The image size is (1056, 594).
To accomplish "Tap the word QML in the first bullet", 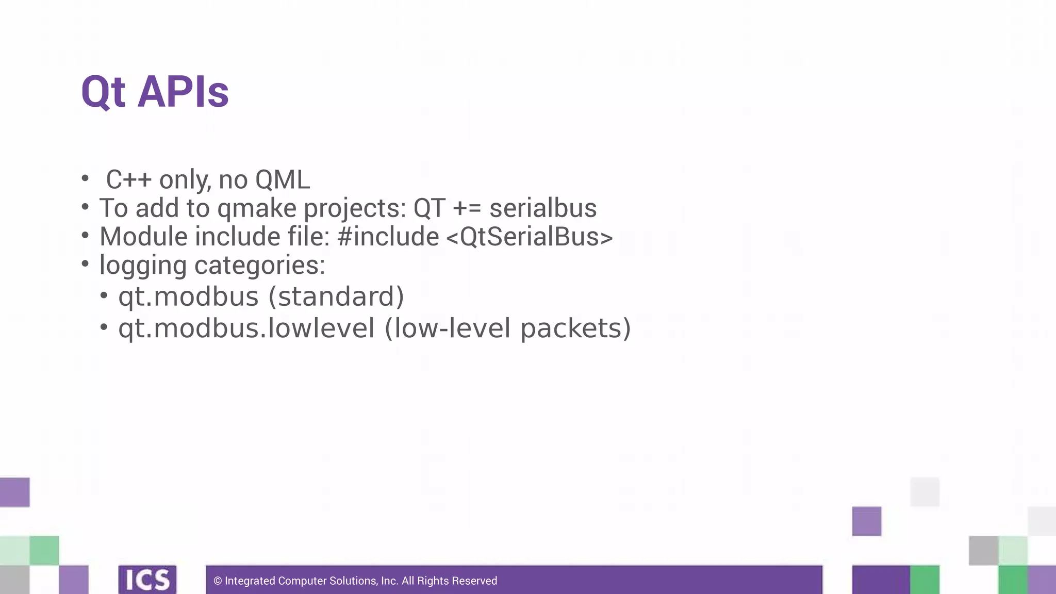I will click(x=283, y=180).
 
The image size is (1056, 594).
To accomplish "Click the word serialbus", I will click(x=543, y=208).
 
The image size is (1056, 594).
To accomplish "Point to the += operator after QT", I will click(x=467, y=208).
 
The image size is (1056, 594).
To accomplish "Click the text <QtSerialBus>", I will click(x=530, y=237).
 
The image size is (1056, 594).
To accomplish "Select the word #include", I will click(x=388, y=237).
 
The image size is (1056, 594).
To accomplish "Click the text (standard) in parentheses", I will click(x=336, y=296).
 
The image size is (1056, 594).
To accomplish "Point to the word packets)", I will click(x=575, y=328).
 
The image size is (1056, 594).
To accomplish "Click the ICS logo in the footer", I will click(x=147, y=580).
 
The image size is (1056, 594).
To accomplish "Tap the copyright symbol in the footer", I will click(x=218, y=581).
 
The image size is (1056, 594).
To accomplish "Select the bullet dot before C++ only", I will click(x=85, y=178).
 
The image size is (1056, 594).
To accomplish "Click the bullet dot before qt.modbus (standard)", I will click(x=104, y=295).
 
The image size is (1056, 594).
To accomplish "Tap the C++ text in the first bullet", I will click(x=129, y=180).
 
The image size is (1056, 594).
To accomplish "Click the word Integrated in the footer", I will click(x=250, y=581).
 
